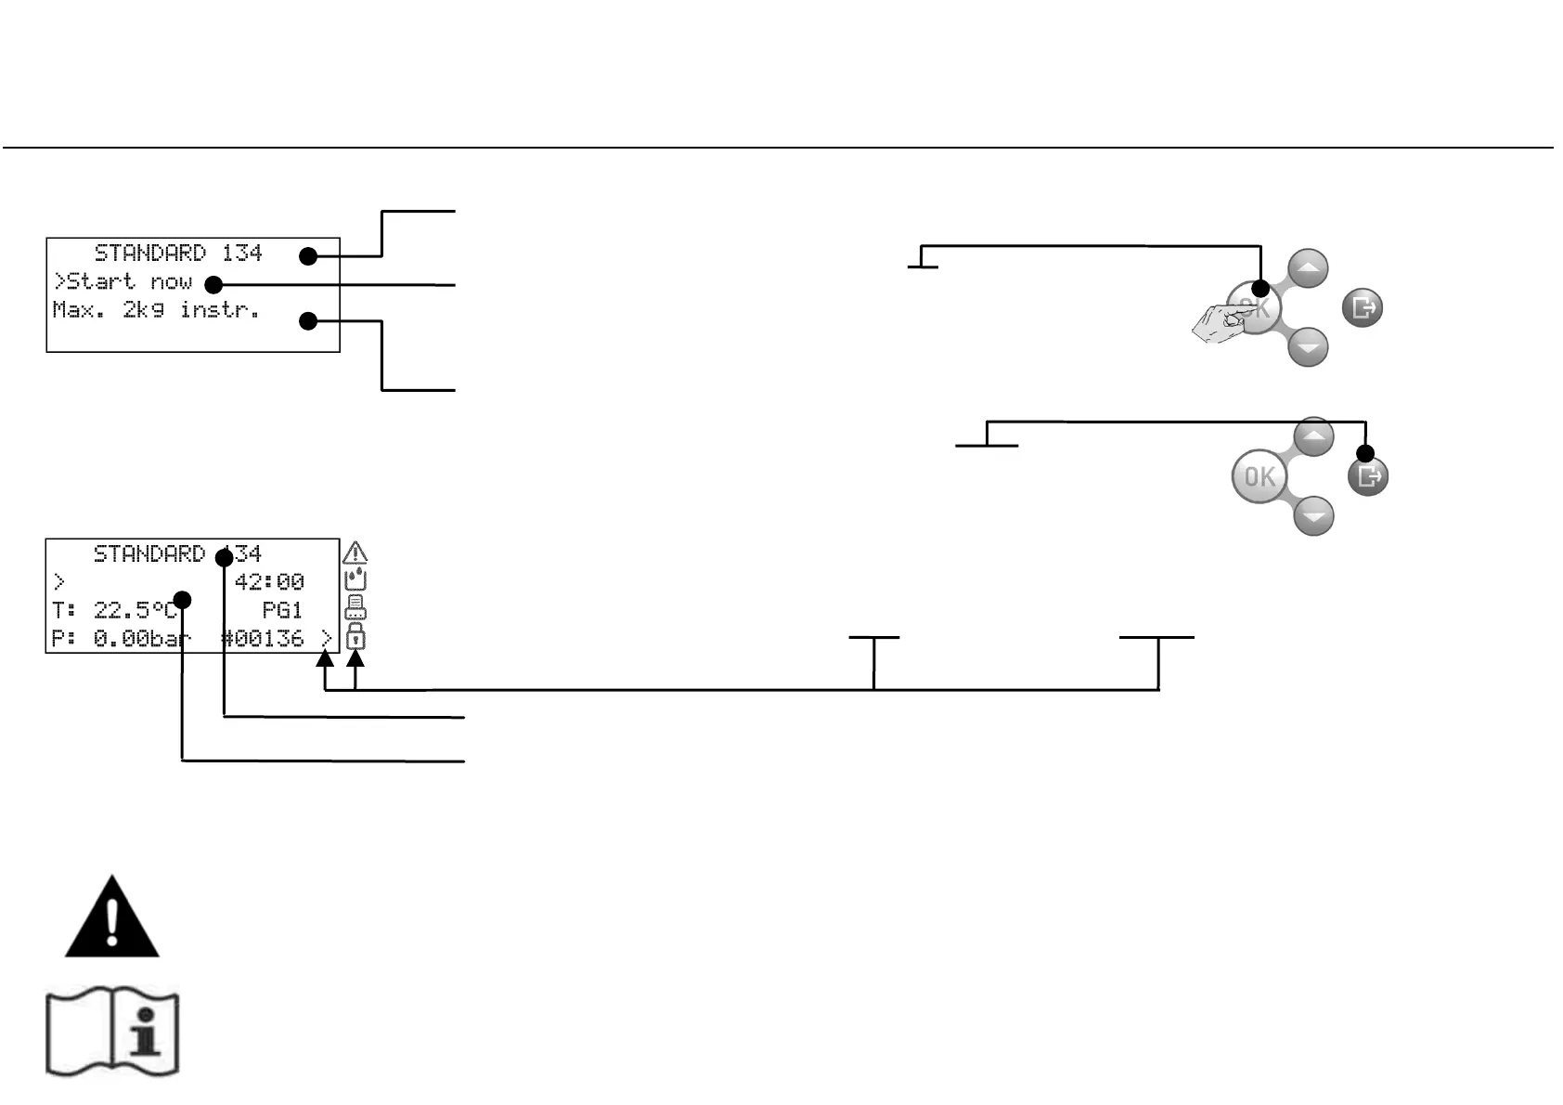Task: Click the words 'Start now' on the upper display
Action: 129,281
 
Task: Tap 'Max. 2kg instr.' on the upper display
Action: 156,310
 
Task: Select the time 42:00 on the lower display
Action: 269,582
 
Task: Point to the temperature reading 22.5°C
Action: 135,610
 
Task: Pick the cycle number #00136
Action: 264,639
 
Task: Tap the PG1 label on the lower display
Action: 282,610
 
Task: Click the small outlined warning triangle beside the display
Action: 355,553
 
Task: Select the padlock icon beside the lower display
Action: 355,637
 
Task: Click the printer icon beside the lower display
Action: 355,608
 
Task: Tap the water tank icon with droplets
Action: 355,580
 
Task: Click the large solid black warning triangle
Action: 111,918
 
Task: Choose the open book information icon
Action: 112,1033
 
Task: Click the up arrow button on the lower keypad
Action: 1313,436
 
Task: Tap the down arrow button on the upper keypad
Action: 1308,346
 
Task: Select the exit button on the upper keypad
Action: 1363,307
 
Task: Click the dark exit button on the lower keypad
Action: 1368,476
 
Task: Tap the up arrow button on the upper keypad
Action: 1308,269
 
